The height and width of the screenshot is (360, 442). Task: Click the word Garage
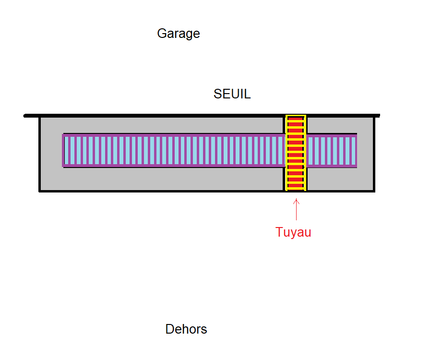click(x=178, y=34)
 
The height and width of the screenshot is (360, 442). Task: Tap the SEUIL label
click(x=232, y=94)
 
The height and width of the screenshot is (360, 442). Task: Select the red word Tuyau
click(x=293, y=232)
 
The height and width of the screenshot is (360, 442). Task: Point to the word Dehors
click(x=186, y=329)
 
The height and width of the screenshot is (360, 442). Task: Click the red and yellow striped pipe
click(x=296, y=153)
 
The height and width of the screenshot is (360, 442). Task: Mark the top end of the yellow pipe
click(x=296, y=117)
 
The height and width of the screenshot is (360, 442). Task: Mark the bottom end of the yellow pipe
click(x=296, y=189)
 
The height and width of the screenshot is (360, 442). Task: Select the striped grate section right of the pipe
click(x=332, y=151)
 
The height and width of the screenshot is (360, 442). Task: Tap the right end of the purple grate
click(x=356, y=151)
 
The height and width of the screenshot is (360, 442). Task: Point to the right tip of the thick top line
click(x=379, y=116)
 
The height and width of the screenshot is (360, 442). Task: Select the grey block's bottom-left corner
click(x=40, y=191)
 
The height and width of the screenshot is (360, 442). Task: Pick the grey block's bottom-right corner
click(x=374, y=191)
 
